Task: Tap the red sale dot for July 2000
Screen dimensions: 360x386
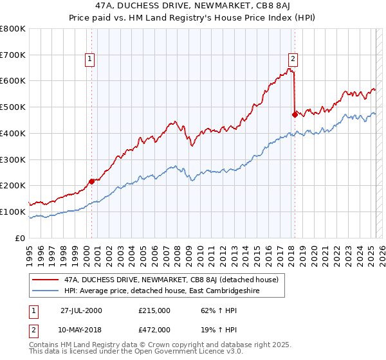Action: pos(91,181)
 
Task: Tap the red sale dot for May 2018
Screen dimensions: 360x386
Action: pos(295,114)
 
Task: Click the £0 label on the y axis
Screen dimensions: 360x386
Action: pos(20,238)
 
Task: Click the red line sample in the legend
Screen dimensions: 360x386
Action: pos(45,280)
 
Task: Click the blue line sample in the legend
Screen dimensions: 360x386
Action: pos(45,291)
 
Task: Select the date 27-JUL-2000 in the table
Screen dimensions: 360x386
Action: pos(81,310)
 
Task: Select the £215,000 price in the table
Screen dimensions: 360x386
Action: pos(154,310)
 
